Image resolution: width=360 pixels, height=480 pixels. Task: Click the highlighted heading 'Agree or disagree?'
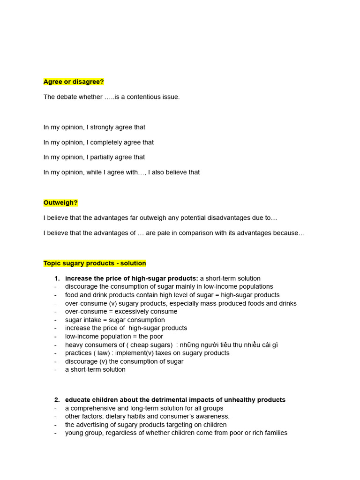tap(74, 82)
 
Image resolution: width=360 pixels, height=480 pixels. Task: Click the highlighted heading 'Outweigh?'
tap(60, 202)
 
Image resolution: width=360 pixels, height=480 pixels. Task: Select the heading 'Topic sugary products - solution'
tap(95, 263)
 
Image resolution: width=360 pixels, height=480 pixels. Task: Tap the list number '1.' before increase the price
tap(57, 278)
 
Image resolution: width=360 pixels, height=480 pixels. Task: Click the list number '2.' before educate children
tap(57, 400)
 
